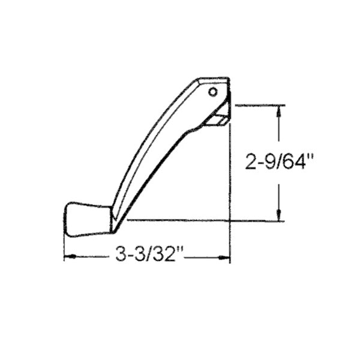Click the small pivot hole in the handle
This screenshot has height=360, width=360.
[213, 92]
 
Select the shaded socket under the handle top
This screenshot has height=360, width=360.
[216, 121]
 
